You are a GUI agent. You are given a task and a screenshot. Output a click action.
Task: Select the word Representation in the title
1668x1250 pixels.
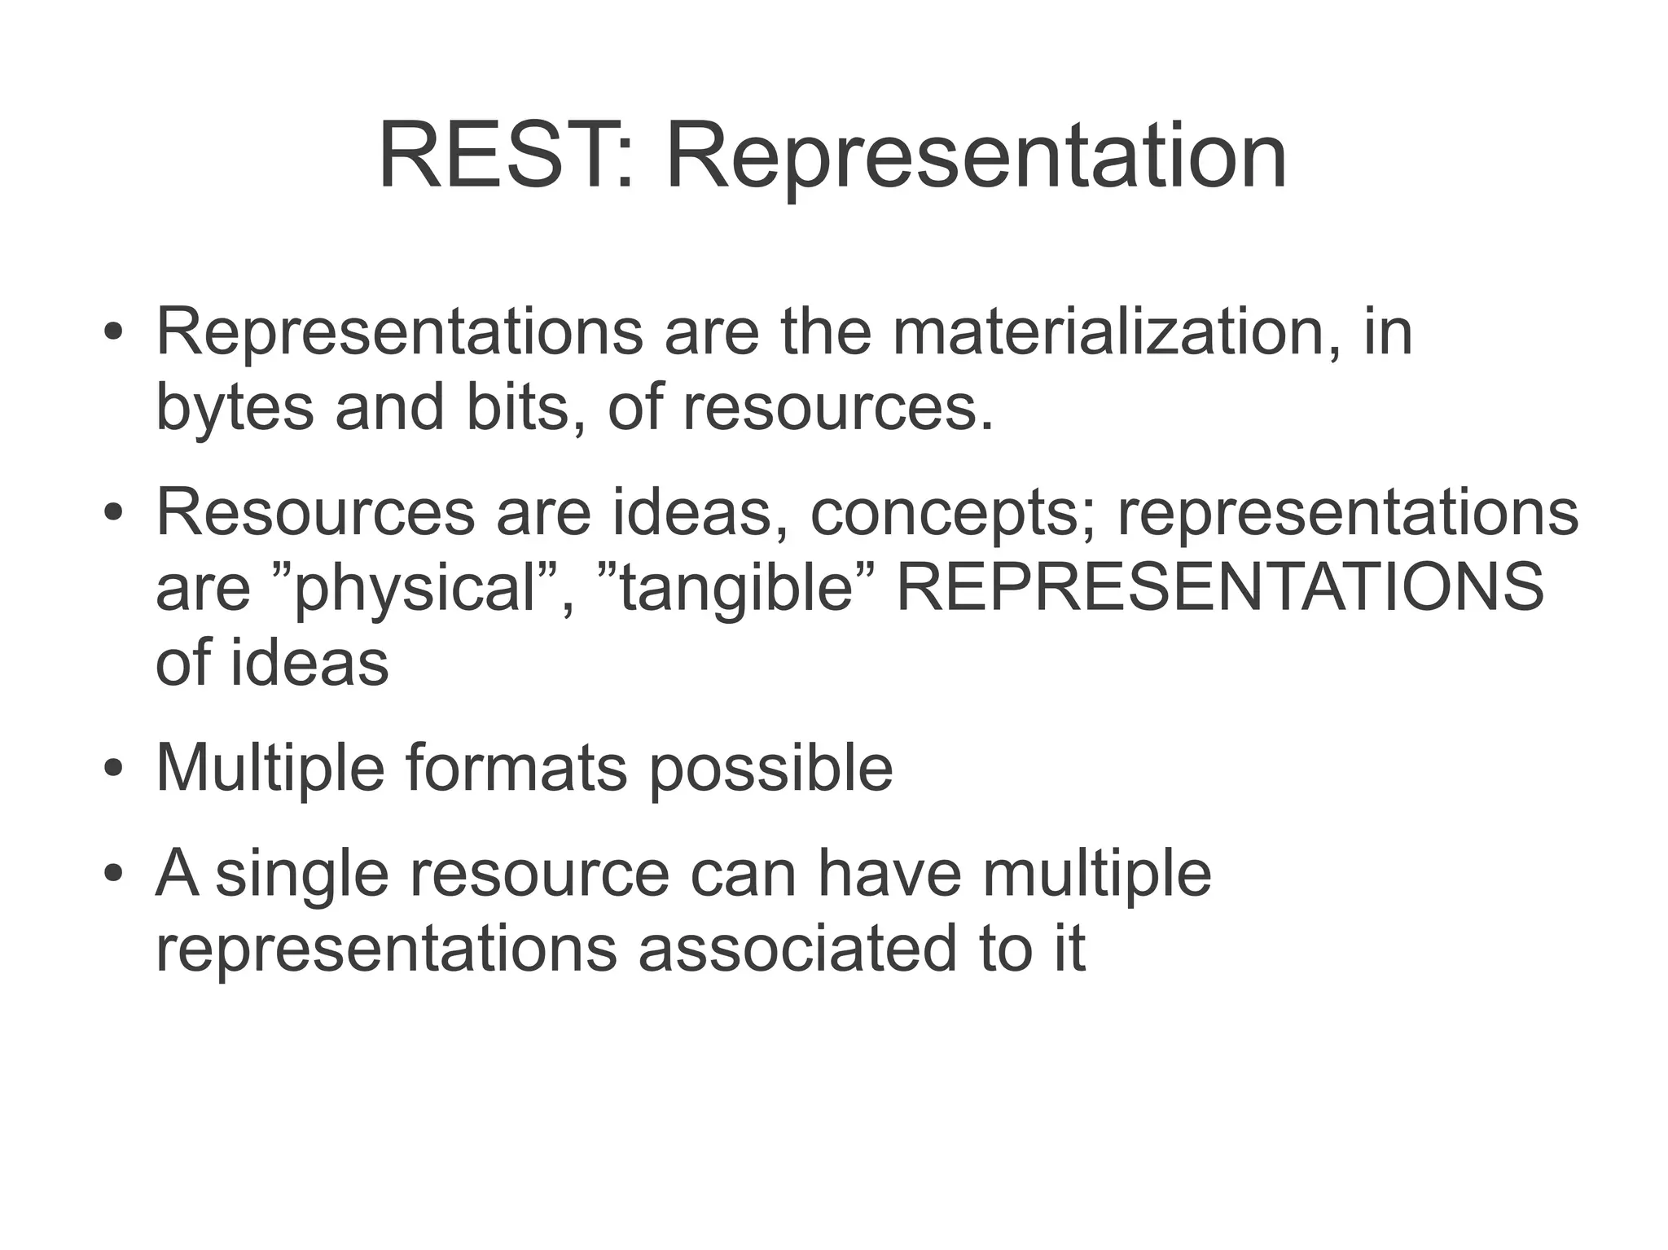(976, 156)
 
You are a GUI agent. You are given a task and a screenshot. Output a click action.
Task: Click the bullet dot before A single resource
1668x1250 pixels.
(113, 874)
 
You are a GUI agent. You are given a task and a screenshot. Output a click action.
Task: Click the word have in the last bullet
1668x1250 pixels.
(889, 873)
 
